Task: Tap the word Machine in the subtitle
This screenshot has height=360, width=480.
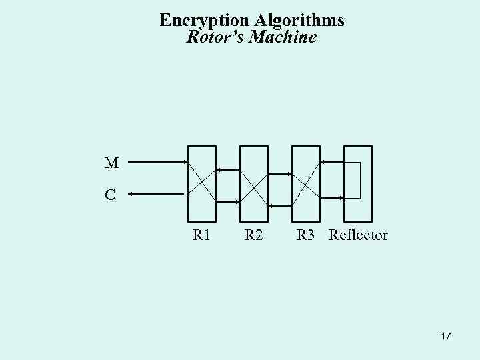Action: point(283,37)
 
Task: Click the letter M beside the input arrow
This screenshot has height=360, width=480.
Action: point(111,163)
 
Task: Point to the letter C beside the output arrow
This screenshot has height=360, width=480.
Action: point(110,195)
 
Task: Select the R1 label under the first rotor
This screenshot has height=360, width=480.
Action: point(201,235)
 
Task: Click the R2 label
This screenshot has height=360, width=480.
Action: point(253,235)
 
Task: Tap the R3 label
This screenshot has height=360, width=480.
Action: point(306,235)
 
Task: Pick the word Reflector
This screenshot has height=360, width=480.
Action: point(359,235)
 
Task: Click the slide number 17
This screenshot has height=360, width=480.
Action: point(445,337)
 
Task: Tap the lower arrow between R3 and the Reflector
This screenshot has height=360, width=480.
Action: point(331,197)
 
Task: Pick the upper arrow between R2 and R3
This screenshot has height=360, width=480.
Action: point(279,174)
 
